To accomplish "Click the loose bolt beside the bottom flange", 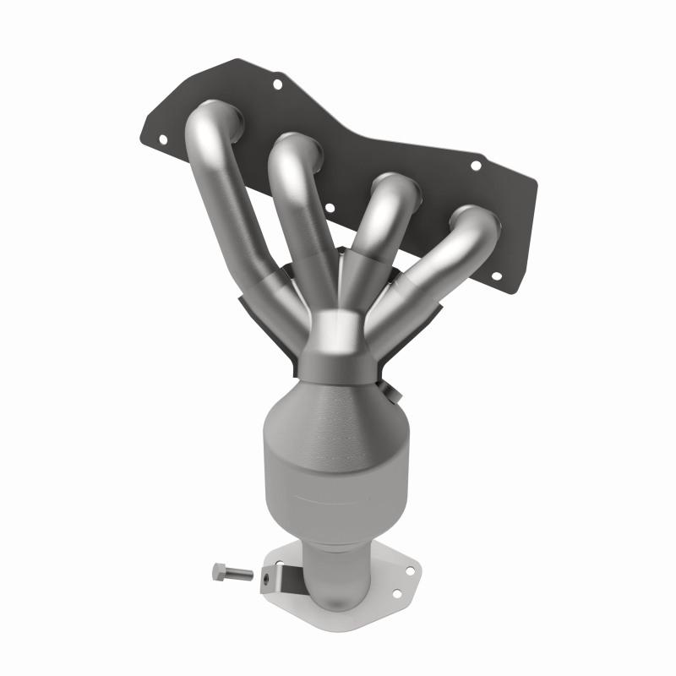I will tap(232, 574).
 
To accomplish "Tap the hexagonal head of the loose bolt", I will tap(217, 572).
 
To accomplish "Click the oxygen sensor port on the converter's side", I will tap(390, 391).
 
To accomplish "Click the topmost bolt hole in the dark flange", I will tap(276, 83).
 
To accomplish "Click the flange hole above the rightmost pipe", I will tap(476, 166).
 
